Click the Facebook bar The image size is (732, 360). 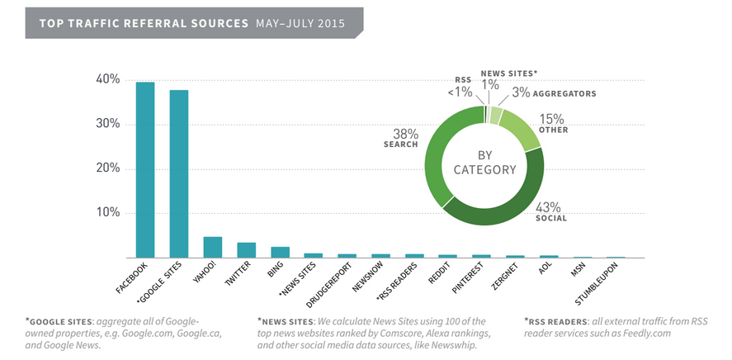click(x=145, y=169)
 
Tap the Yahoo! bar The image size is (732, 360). click(x=213, y=247)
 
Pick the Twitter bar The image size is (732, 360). click(x=246, y=249)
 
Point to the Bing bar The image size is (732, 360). click(x=280, y=252)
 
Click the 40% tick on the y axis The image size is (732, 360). click(x=108, y=79)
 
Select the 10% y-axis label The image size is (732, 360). click(x=108, y=213)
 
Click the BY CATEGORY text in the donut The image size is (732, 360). click(x=484, y=163)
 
